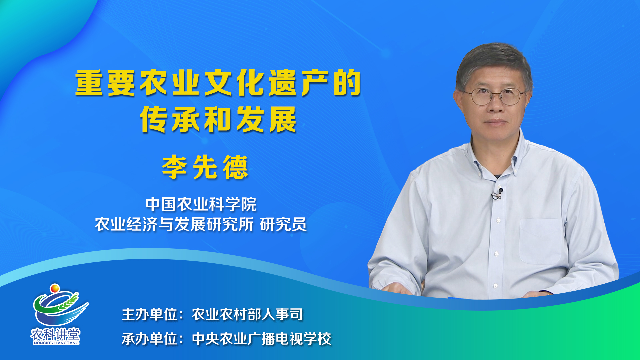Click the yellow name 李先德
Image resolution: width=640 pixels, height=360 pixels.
click(205, 167)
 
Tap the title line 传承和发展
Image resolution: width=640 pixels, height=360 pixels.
click(218, 119)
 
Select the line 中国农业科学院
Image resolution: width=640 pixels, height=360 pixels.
click(201, 204)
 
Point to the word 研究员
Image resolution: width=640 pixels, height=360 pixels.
click(283, 224)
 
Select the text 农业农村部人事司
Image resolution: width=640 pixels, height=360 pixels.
click(247, 314)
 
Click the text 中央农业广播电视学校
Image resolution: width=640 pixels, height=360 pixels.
click(262, 339)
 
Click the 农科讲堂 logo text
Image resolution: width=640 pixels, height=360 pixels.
click(56, 334)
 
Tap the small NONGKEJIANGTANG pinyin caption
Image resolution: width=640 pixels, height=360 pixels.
click(56, 343)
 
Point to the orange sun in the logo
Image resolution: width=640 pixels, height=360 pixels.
click(55, 288)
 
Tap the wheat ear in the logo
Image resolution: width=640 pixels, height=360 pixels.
click(68, 301)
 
